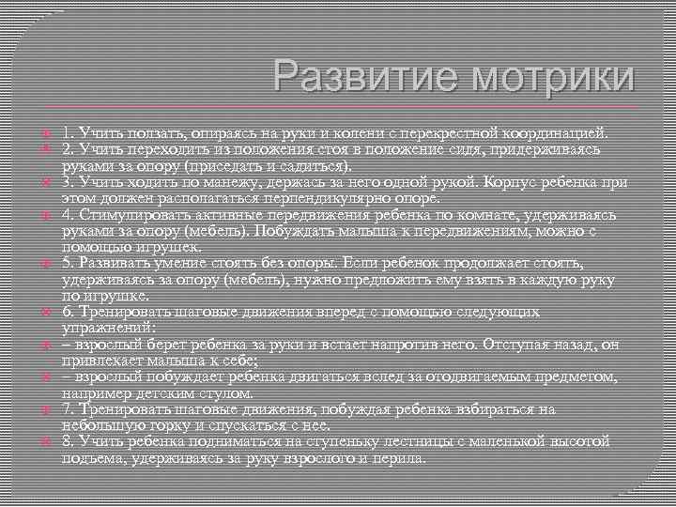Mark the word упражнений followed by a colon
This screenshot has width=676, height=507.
(x=101, y=329)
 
